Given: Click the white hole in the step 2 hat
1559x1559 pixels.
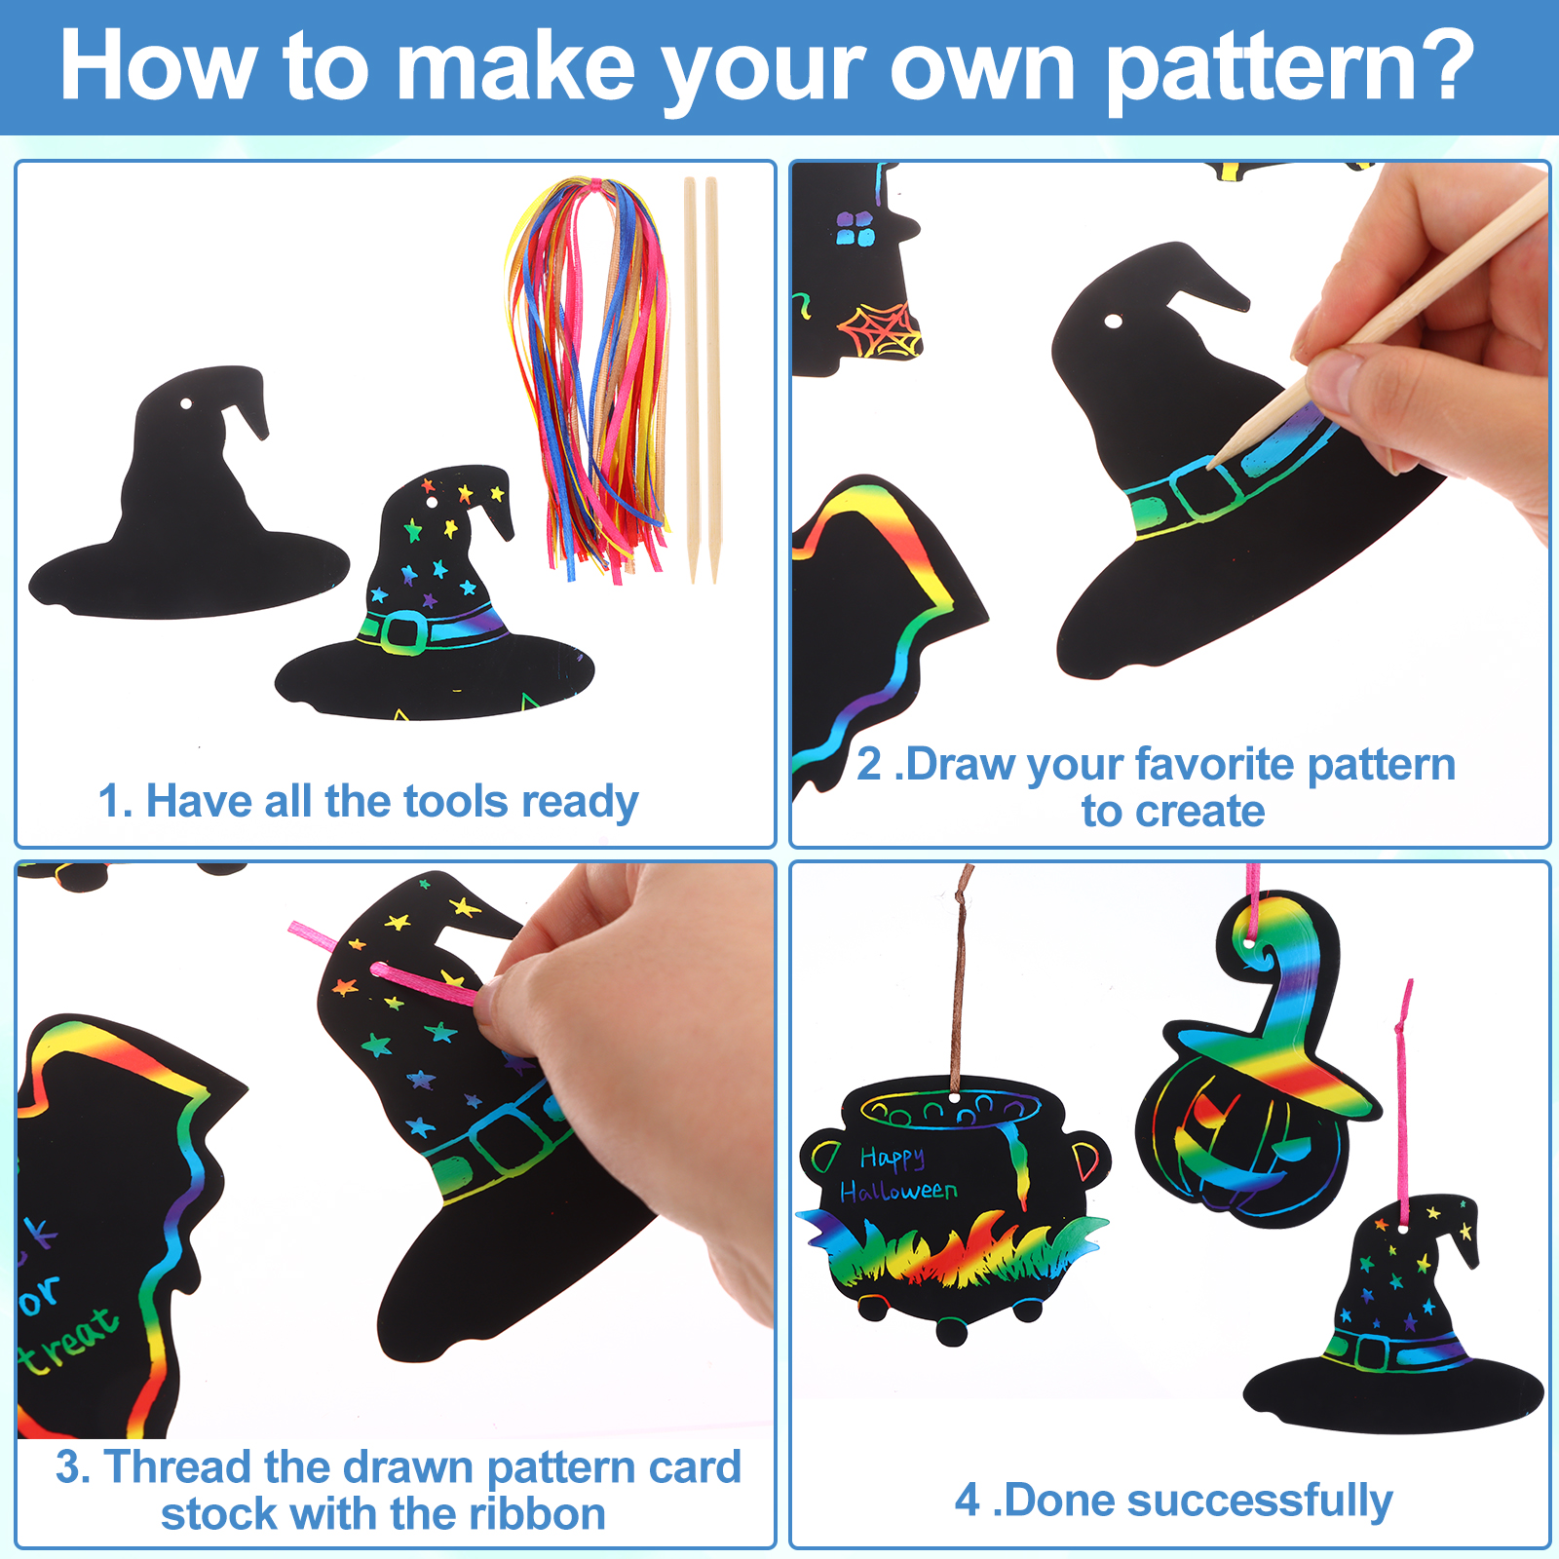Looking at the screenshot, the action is click(1113, 322).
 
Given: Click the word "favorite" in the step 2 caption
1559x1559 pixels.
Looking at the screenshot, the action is click(1214, 764).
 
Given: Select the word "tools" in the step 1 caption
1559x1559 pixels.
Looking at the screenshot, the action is click(456, 801).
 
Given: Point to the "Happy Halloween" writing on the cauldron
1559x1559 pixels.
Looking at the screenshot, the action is click(896, 1174).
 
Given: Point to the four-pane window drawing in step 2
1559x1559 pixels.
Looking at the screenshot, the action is click(855, 229).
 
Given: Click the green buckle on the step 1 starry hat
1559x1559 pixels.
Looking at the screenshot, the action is click(401, 632).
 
